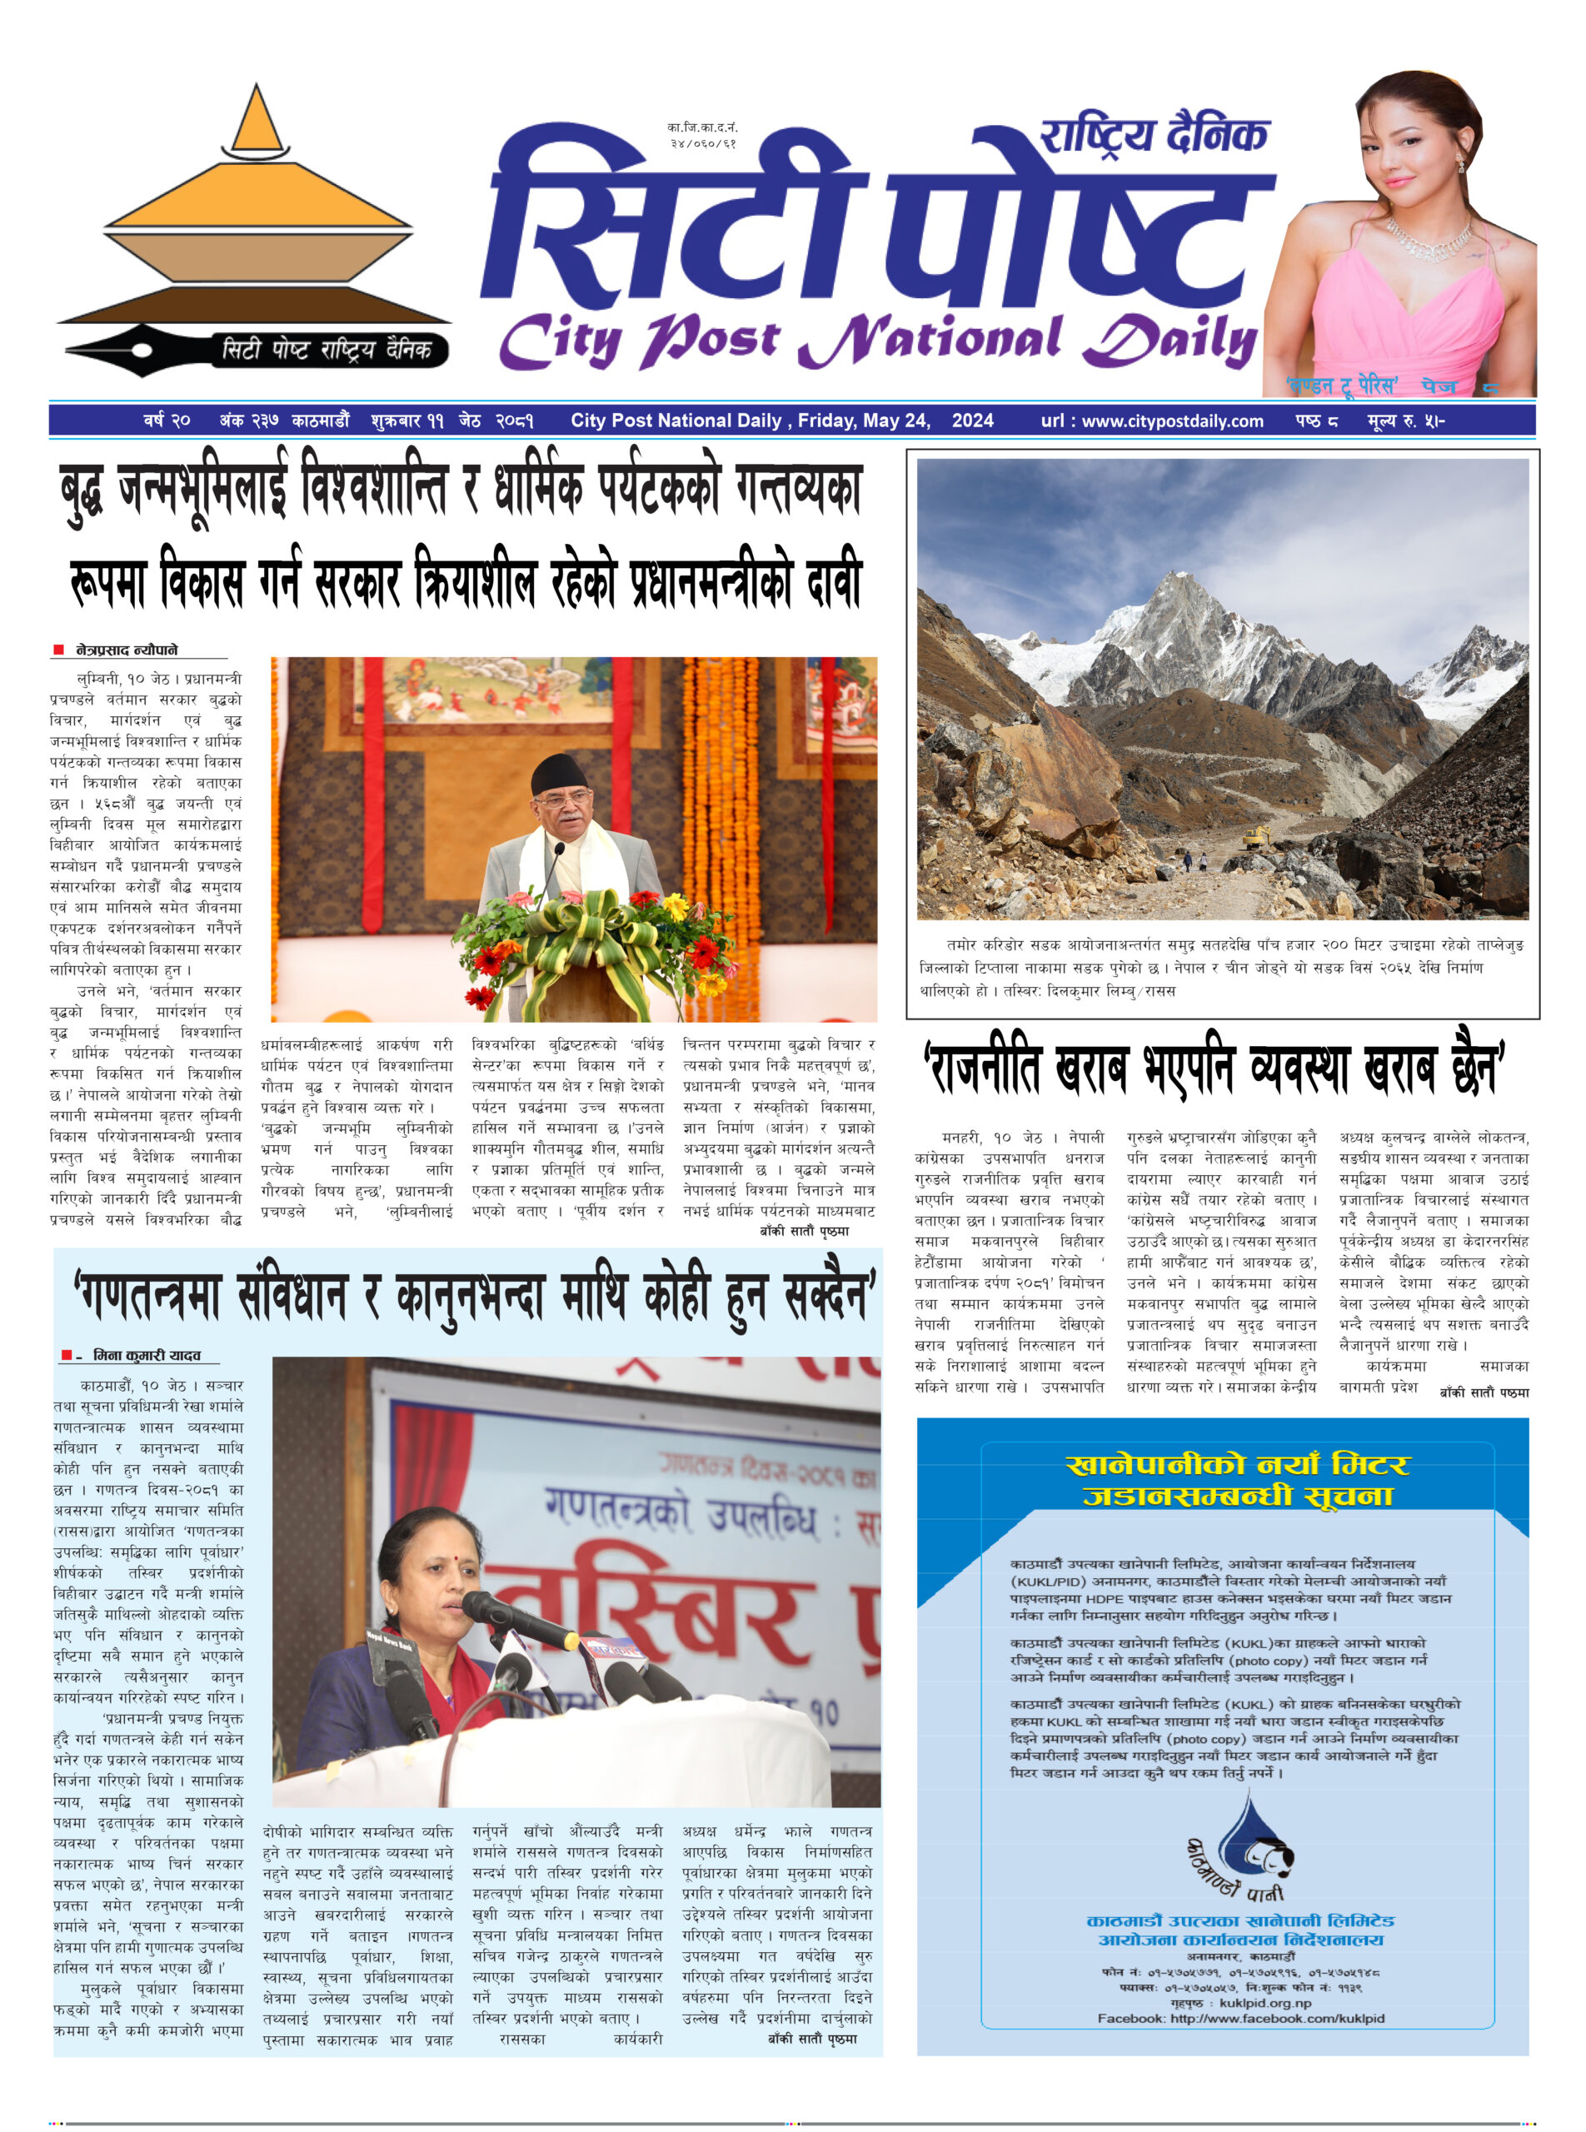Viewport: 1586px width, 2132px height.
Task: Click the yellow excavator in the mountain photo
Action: pos(1257,838)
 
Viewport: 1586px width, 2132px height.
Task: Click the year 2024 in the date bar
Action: pos(973,421)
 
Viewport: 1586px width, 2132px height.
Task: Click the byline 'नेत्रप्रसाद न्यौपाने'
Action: pos(127,650)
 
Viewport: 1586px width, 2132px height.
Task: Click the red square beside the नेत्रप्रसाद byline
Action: pos(59,650)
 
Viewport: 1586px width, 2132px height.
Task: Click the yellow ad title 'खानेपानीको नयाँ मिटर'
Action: pos(1238,1465)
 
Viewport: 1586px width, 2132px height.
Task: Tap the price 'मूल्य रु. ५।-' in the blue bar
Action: pos(1405,421)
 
